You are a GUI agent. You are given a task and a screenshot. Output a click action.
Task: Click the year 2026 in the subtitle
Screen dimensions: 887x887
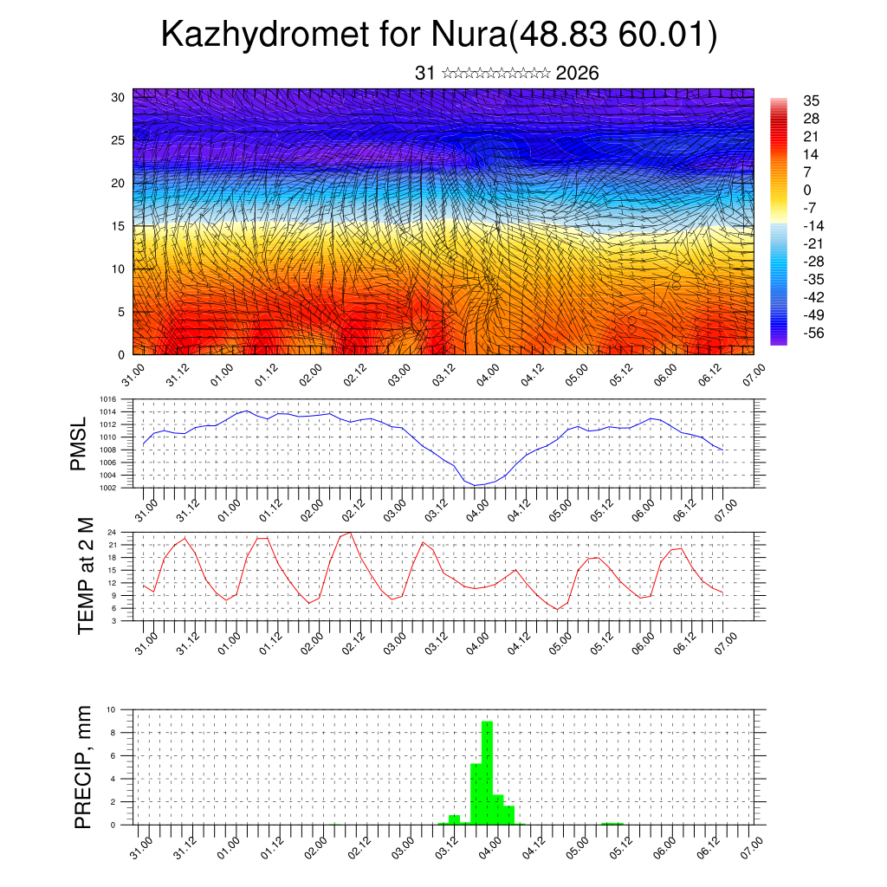tap(577, 74)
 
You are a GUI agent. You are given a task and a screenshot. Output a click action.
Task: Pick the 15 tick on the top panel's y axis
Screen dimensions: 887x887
tap(120, 226)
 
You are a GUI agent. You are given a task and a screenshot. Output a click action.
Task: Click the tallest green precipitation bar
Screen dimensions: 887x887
tap(487, 771)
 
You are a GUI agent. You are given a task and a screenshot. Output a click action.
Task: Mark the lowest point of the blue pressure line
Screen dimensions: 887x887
tap(476, 485)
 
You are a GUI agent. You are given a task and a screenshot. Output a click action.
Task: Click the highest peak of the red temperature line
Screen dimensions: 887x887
tap(349, 533)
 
